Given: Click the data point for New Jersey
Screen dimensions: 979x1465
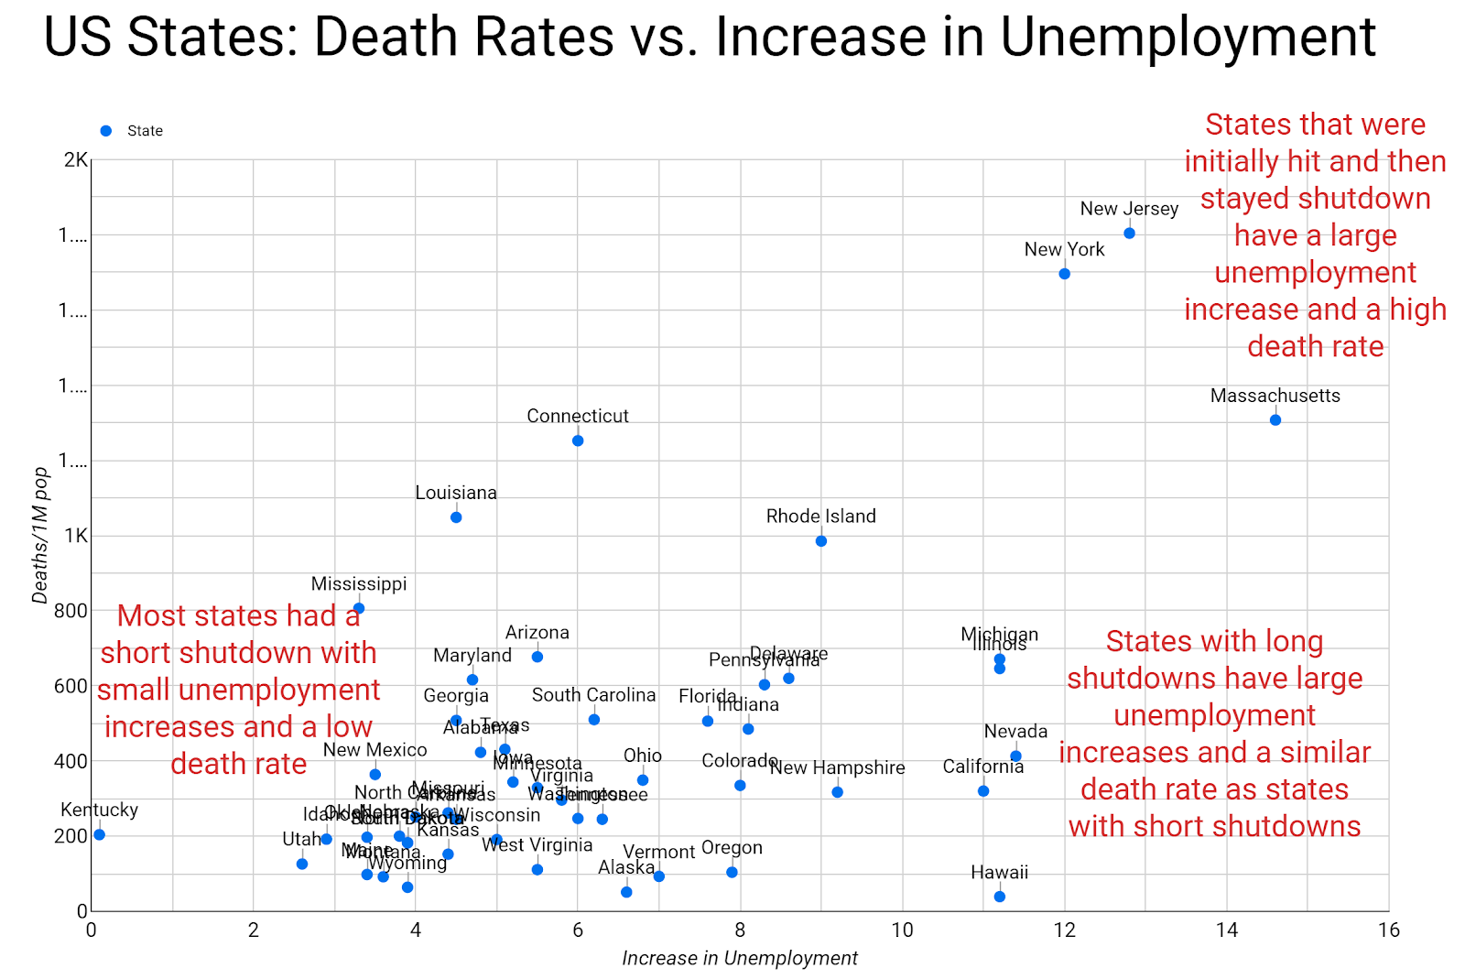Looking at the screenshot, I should click(1129, 234).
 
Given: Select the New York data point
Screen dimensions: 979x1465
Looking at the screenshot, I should click(1064, 274).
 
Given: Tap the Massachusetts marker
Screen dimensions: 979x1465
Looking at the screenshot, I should click(1275, 420).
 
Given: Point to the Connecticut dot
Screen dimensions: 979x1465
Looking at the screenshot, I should click(578, 441).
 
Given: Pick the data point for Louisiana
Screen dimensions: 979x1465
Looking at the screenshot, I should click(456, 517).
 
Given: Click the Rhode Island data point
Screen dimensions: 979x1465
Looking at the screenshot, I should click(821, 541).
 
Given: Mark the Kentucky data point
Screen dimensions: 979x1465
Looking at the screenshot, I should click(99, 834).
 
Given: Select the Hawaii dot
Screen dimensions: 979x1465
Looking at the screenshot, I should click(999, 897).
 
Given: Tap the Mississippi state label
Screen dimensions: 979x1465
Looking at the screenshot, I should click(359, 584).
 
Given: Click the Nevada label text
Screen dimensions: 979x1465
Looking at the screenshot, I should click(1015, 732).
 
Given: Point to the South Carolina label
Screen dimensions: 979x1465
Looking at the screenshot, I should click(593, 695).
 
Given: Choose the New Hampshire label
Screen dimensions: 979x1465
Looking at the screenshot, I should click(837, 768).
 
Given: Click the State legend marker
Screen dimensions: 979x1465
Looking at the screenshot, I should click(106, 131).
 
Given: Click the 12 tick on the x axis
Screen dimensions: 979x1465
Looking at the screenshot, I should click(1064, 930).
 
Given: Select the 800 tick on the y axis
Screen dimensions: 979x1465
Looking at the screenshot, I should click(70, 611).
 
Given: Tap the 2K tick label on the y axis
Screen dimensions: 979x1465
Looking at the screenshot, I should click(75, 160).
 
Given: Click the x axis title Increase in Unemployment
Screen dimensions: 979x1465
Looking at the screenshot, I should click(740, 959).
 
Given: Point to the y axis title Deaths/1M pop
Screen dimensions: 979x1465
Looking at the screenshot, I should click(40, 536).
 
